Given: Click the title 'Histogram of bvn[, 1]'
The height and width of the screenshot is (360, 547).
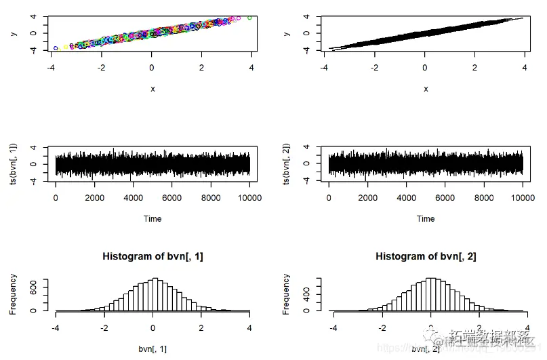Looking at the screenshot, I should pos(153,256).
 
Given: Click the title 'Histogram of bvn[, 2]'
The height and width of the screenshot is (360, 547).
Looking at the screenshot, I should pos(426,256).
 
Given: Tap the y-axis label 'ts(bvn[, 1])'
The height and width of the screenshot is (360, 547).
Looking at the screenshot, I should pos(15,163).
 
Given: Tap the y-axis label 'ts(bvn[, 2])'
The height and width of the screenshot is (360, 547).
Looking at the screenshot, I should pos(288,163).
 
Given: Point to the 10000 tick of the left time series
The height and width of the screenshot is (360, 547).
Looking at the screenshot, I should pos(249,199).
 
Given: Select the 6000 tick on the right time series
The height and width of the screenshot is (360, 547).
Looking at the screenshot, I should pos(445,199).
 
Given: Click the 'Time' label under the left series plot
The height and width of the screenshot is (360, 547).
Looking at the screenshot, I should pos(153,218).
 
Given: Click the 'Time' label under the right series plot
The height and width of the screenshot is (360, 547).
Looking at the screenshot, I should pos(426,218).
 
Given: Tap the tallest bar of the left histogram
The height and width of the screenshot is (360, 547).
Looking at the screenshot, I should pos(155,294).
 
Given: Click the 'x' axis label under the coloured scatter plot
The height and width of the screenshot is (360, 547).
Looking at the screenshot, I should pos(153,89).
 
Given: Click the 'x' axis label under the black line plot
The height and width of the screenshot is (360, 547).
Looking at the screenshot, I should pos(426,89).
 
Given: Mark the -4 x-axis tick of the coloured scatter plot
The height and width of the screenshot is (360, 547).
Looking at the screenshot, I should pos(52,68).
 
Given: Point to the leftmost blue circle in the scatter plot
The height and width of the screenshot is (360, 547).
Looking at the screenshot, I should pos(56,48).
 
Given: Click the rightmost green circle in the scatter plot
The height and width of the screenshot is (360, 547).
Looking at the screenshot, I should pos(249,18).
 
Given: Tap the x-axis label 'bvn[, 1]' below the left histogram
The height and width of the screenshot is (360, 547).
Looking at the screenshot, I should pos(153,348).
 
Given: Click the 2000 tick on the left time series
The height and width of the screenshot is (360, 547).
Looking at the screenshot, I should pos(94,199).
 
